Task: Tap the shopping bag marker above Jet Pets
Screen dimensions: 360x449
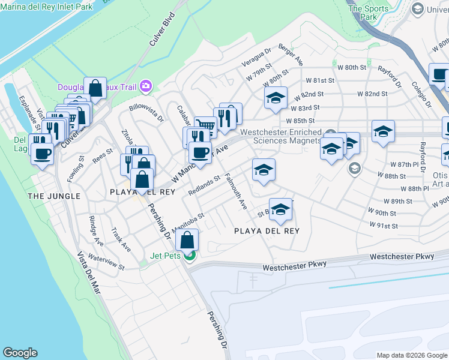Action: [187, 239]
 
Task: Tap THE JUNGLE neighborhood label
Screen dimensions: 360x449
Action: [53, 196]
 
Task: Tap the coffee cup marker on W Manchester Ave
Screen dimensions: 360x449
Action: [199, 152]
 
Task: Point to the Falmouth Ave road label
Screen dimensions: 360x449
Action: [236, 191]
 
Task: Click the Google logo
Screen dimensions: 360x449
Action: [20, 353]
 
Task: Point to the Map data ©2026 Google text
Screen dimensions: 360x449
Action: [412, 355]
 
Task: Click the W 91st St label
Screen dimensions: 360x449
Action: [383, 226]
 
